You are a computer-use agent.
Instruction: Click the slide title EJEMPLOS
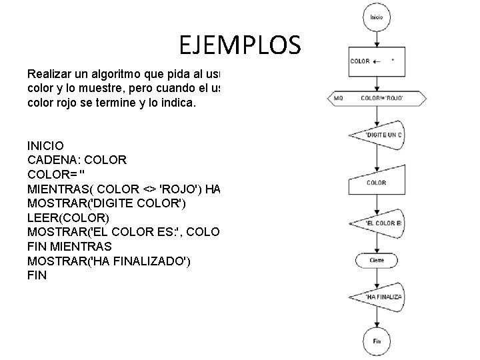240,45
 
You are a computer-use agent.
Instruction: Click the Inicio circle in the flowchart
376,17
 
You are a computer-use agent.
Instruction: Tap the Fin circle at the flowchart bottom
376,341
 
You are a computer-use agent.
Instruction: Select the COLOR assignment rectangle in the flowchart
376,61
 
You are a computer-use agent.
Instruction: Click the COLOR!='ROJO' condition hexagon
376,99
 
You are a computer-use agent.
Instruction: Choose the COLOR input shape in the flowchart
376,182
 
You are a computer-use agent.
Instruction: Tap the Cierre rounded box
377,259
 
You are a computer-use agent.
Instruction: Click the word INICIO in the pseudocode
46,145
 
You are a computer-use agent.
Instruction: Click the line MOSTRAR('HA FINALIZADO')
109,261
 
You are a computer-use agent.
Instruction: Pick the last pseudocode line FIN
37,275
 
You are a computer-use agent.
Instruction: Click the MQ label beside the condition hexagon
339,99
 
